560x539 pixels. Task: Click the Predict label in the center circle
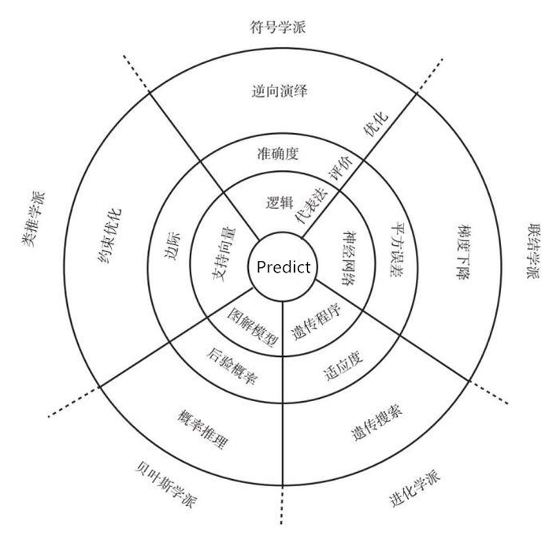(x=281, y=266)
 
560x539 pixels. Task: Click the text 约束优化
(x=108, y=229)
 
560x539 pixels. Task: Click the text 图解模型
(x=253, y=324)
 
